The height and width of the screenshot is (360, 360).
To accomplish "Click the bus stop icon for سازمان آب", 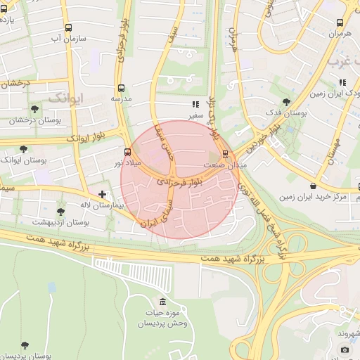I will [x=68, y=28].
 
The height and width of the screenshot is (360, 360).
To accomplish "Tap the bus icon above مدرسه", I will [x=122, y=89].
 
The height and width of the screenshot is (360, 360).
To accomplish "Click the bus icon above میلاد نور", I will [x=127, y=152].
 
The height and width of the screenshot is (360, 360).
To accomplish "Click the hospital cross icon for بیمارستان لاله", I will [x=103, y=194].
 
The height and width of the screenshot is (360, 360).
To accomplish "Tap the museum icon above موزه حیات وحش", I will [x=163, y=302].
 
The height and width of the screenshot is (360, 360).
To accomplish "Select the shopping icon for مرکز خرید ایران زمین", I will [x=312, y=186].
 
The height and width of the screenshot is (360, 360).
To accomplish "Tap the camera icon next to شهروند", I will [x=345, y=349].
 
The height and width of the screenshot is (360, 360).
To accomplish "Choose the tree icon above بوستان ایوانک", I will [x=23, y=149].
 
